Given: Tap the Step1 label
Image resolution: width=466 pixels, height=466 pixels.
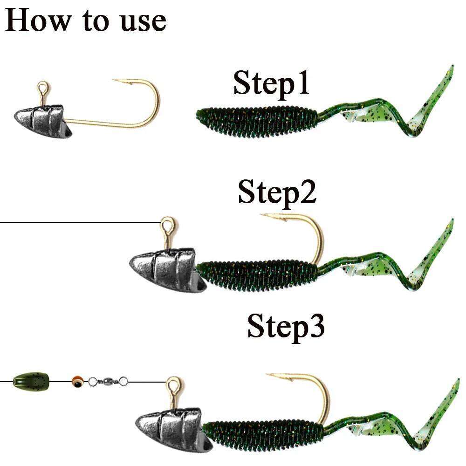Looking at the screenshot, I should (271, 83).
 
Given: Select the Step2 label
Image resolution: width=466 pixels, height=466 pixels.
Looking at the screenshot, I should (277, 192).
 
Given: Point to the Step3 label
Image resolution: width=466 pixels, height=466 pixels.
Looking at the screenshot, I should (286, 326).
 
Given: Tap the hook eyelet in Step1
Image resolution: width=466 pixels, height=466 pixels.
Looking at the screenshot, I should (43, 88).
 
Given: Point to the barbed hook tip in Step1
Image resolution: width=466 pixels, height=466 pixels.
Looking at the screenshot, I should (117, 81).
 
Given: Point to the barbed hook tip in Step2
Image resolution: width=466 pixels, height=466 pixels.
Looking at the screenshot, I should (267, 215).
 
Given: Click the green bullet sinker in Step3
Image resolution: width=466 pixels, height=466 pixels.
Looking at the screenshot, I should (31, 381).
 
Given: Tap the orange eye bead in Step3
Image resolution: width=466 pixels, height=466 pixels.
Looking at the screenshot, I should (78, 381).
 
